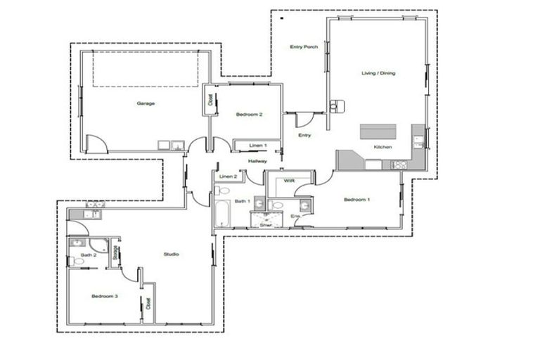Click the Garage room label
coord(146,103)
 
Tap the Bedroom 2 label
coord(249,115)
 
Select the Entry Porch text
coord(304,47)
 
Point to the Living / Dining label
coord(378,73)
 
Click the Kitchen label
coord(382,147)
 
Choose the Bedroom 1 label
coord(356,200)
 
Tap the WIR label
coord(288,181)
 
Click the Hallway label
coord(257,161)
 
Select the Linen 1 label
coord(257,146)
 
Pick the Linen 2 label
coord(227,176)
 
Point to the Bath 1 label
coord(243,202)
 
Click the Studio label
coord(171,254)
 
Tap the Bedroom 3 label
coord(104,296)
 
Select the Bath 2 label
coord(88,255)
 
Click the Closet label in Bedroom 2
coord(210,100)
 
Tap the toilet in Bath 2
coord(77,261)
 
